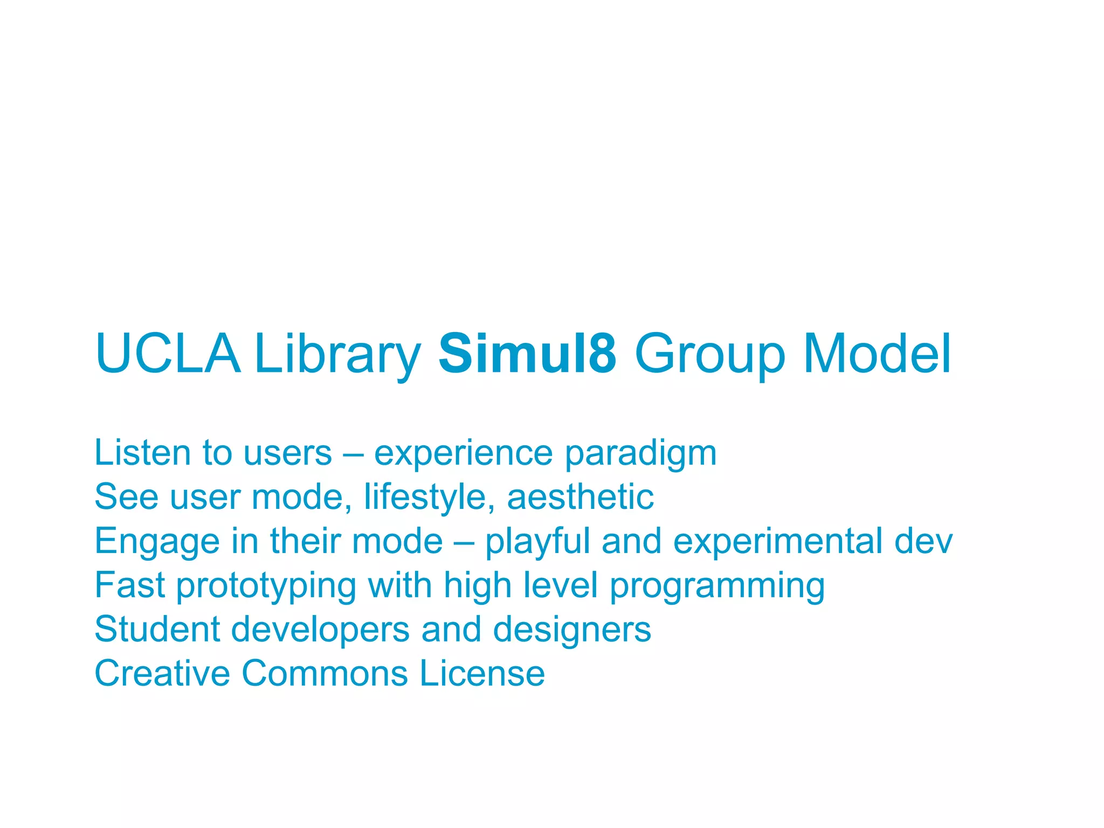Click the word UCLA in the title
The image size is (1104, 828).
coord(168,354)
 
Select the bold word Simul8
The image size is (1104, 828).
coord(527,354)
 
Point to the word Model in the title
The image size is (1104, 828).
coord(877,354)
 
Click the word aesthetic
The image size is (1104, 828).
coord(580,496)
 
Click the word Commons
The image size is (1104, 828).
coord(325,673)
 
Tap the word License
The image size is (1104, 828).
coord(482,673)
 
